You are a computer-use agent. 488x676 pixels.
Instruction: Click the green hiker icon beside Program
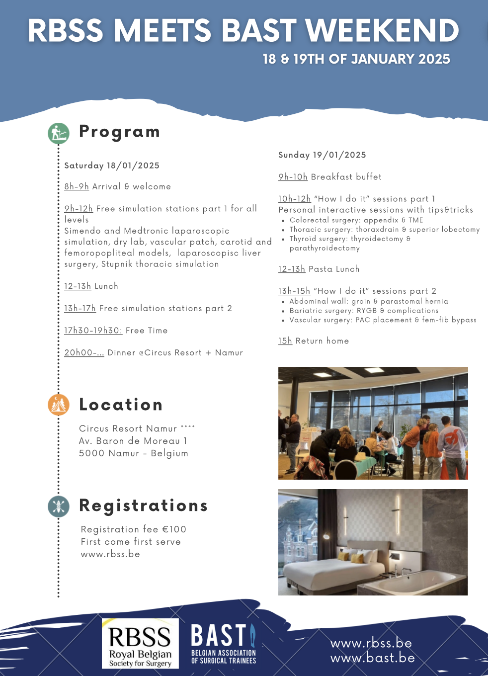[x=59, y=133]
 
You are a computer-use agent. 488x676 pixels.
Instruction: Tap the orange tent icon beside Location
[x=59, y=405]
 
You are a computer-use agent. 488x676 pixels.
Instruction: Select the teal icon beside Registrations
[x=59, y=506]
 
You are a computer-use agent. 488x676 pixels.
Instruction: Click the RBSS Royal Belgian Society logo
[x=140, y=643]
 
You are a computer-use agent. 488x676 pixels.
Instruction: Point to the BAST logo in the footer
[x=224, y=644]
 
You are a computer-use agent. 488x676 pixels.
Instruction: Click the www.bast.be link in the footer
[x=373, y=658]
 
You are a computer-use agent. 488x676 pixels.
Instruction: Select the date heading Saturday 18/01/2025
[x=112, y=166]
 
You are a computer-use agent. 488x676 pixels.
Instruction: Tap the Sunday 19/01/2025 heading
[x=322, y=155]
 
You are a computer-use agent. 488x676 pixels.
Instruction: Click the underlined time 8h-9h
[x=77, y=187]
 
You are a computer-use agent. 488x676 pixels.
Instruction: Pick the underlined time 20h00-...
[x=84, y=353]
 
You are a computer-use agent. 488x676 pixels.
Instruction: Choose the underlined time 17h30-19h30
[x=93, y=331]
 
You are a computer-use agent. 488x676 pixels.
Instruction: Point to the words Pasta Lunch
[x=334, y=269]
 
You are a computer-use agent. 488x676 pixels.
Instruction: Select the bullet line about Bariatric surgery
[x=364, y=311]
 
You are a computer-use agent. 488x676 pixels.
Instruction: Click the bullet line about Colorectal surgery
[x=356, y=220]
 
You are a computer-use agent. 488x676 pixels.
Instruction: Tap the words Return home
[x=322, y=341]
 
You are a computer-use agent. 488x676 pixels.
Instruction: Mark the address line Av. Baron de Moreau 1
[x=133, y=441]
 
